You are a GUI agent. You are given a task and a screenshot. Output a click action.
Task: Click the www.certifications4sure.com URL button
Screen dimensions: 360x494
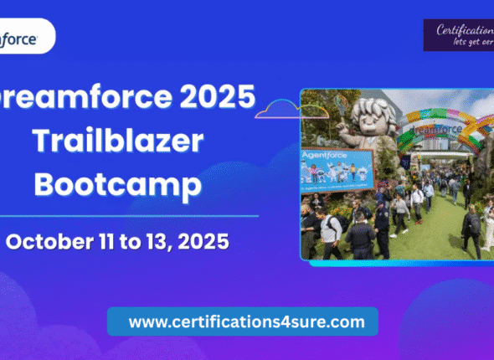(x=242, y=321)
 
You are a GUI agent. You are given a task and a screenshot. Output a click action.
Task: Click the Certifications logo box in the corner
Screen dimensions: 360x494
(x=459, y=35)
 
